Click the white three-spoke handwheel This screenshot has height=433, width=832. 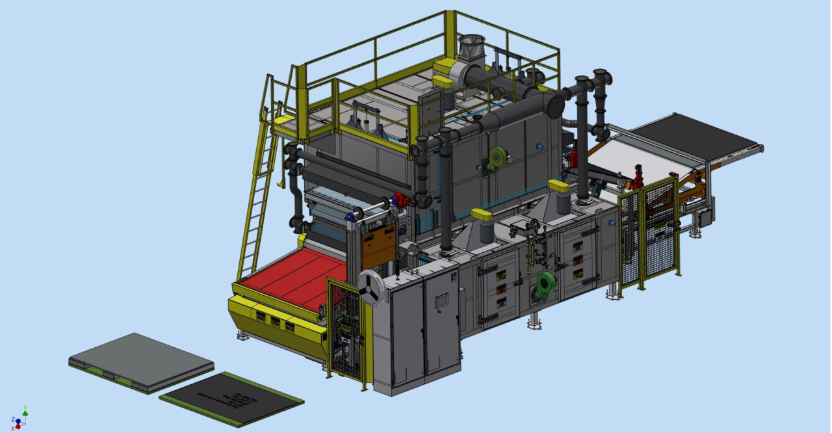pos(370,285)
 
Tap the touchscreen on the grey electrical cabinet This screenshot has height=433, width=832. pos(442,300)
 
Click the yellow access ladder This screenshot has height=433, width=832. pos(255,195)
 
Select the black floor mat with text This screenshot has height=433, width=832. pos(231,397)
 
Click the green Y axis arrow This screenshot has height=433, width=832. pos(25,410)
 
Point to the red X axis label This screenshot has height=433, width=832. pos(12,428)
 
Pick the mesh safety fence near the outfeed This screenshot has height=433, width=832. pos(650,231)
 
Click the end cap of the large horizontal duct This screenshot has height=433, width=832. pos(555,104)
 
